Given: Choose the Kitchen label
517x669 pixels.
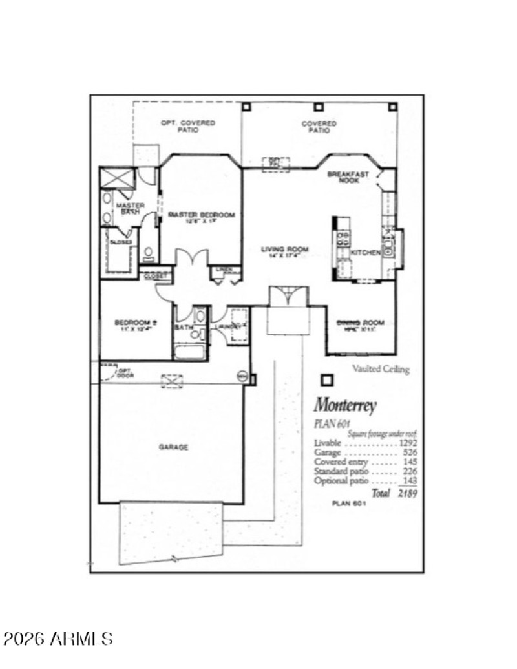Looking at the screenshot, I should (x=365, y=253).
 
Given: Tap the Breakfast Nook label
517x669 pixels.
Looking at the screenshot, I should (x=348, y=177).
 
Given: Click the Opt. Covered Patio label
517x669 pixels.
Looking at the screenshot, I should (x=188, y=126).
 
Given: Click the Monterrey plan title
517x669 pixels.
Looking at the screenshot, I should (x=344, y=406).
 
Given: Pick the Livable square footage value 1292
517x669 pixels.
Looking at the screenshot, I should (x=408, y=443).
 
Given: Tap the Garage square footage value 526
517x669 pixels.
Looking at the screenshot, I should (x=410, y=452).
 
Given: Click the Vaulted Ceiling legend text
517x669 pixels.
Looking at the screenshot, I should (x=381, y=370).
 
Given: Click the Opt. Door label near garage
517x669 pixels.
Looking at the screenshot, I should (x=124, y=374).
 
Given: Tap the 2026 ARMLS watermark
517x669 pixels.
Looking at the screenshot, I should (x=58, y=639).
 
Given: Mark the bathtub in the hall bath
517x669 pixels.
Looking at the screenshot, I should (x=189, y=352).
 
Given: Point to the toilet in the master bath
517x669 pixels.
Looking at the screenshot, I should (x=148, y=252).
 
